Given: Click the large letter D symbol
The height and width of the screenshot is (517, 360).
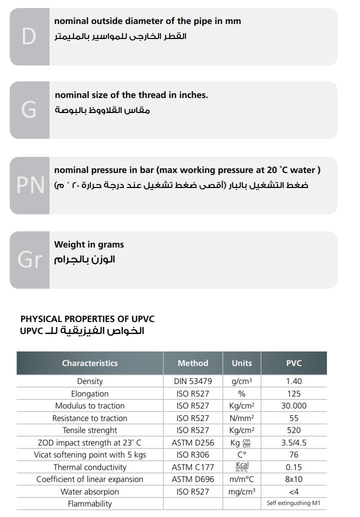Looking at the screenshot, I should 29,36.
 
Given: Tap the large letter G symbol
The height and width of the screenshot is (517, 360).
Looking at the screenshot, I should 29,110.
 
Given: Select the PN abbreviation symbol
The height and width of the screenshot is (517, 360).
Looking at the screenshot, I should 30,185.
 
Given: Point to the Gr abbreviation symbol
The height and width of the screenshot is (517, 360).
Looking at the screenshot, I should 30,259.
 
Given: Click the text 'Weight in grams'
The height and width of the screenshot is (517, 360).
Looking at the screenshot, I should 89,244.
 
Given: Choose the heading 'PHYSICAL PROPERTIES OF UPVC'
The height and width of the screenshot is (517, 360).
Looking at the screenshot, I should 87,318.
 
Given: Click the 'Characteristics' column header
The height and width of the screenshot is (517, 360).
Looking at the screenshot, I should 90,363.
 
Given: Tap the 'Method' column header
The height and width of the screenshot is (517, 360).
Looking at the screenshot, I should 193,363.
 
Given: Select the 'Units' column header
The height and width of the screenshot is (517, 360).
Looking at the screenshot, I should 242,363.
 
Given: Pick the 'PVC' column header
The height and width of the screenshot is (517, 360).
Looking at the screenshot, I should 294,363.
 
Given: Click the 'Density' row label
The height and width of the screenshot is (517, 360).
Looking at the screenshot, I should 90,381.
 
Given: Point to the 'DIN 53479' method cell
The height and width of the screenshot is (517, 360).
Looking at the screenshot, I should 193,381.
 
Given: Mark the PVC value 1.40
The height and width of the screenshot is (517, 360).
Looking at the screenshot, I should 294,381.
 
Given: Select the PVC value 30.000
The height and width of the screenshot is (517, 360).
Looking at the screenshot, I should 294,405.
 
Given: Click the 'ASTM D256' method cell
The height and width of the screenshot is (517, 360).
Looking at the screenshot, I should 193,442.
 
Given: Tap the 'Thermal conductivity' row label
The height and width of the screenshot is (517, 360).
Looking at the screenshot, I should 90,467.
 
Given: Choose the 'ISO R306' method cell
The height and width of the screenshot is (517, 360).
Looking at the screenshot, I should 193,454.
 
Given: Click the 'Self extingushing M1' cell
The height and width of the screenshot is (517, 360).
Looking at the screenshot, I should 294,503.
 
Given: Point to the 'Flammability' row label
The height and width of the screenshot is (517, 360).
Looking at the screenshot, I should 90,503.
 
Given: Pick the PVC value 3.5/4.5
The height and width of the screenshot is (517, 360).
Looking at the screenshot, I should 294,442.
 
